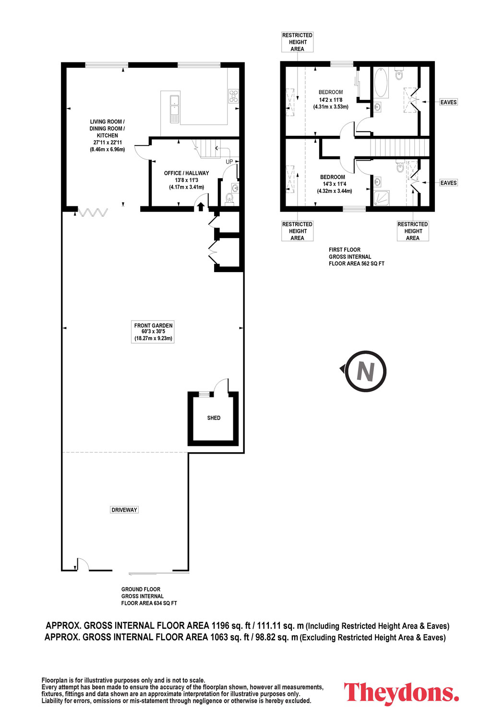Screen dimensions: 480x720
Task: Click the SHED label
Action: click(214, 418)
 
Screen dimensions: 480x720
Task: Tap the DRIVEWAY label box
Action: click(124, 510)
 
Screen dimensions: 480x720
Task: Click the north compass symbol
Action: click(365, 371)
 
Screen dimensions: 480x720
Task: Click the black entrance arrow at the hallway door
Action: click(201, 207)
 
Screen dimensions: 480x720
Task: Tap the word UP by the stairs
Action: click(229, 162)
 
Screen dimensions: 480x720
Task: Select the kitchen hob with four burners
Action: click(233, 96)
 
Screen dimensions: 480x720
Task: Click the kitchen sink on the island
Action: click(175, 108)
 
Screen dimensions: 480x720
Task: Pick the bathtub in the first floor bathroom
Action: click(382, 82)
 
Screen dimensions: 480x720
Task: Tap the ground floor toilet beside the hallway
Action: click(229, 198)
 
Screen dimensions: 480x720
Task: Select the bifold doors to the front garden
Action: click(93, 212)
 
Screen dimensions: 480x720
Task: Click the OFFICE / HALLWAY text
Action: click(186, 173)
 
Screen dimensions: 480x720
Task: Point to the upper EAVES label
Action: click(448, 102)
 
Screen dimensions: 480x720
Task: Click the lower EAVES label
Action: click(448, 183)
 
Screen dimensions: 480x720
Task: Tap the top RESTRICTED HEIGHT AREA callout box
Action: click(298, 42)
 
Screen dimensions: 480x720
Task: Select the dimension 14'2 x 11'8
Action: click(331, 100)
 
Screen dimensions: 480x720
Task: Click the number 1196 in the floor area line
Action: click(220, 626)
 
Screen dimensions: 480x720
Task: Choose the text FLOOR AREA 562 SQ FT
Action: click(357, 264)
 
